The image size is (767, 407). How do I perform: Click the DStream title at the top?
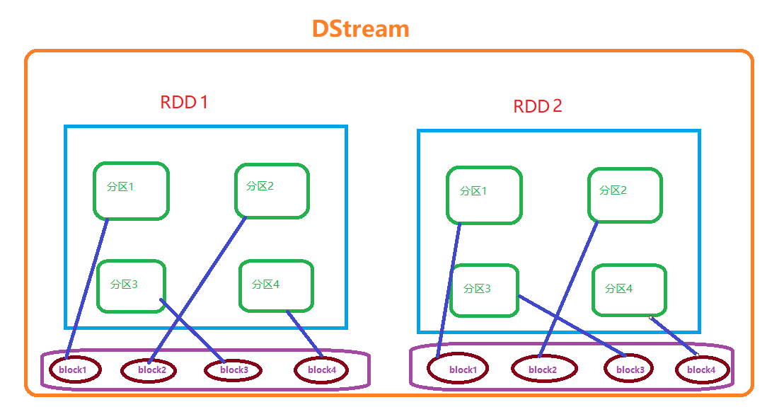click(x=361, y=29)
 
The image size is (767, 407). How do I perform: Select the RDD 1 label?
click(x=184, y=102)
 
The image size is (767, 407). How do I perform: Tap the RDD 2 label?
click(x=538, y=106)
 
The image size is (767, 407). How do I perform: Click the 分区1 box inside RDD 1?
click(x=131, y=190)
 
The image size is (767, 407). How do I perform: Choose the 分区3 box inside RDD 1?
click(x=131, y=285)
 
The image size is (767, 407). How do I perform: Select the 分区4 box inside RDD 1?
click(x=276, y=285)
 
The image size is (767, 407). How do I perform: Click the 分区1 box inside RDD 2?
click(x=484, y=195)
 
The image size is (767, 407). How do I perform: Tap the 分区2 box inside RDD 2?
click(x=625, y=194)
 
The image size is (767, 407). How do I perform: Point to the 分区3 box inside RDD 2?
click(x=484, y=290)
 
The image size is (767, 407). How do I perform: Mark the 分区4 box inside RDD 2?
click(x=629, y=290)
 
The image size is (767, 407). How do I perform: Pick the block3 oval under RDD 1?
click(x=233, y=370)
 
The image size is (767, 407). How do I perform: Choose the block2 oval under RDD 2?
click(x=543, y=369)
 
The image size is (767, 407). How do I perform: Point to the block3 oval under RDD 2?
click(x=630, y=369)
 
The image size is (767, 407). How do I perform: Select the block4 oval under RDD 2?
click(x=702, y=369)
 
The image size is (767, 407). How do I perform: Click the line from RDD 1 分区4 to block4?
click(x=304, y=333)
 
